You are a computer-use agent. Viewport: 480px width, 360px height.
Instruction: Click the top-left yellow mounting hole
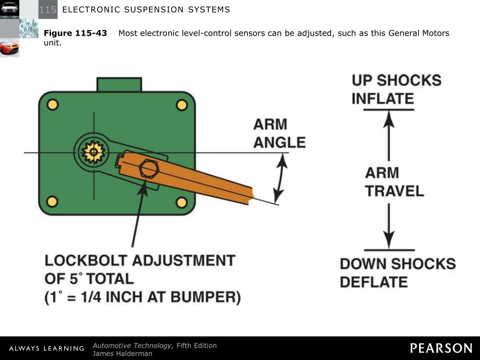52,105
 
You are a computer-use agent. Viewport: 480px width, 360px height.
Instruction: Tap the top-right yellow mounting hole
181,105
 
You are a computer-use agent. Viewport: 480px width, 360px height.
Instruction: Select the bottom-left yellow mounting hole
52,202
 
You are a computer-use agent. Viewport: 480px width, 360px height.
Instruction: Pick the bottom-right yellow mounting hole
181,202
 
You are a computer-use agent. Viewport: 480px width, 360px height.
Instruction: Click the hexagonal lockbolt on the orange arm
149,168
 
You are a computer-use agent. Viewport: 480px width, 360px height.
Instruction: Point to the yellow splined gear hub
92,151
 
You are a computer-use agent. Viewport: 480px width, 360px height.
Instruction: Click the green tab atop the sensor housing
119,84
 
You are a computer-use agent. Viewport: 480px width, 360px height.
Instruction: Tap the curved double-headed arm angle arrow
280,178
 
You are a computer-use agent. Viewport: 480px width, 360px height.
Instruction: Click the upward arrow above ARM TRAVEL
389,136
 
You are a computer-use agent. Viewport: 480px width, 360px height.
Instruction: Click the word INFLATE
382,99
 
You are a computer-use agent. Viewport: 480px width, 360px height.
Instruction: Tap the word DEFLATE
374,282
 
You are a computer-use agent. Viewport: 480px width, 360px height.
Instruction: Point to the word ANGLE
279,142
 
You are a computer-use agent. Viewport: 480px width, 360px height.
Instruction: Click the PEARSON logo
441,348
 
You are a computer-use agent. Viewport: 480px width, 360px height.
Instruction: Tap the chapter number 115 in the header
47,9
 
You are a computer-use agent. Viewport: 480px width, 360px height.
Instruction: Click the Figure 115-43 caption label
75,33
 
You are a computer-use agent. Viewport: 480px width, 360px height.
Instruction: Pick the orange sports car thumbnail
9,47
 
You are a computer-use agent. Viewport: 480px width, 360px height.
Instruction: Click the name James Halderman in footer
122,353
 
